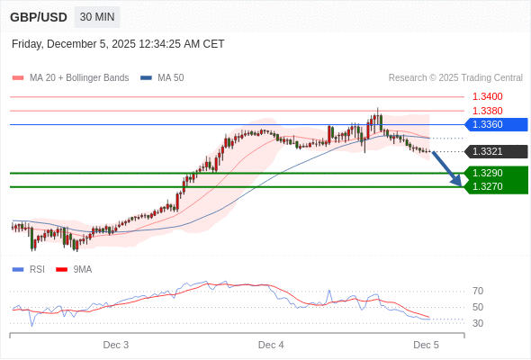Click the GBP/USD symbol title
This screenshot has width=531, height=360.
(38, 17)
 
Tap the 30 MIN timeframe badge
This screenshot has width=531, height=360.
(97, 17)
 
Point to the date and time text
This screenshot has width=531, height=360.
(118, 44)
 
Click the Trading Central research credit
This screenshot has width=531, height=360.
(455, 78)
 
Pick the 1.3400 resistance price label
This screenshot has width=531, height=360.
(487, 96)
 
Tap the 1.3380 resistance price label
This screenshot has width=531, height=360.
(487, 111)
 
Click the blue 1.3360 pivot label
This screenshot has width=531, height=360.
(495, 124)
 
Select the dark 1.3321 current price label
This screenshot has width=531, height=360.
(495, 151)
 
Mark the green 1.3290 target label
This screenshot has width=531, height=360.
(495, 173)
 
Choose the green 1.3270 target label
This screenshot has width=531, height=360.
(495, 186)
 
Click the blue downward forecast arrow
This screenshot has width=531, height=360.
(447, 168)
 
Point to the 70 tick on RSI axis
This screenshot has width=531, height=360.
(478, 291)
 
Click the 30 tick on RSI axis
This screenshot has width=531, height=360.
(478, 323)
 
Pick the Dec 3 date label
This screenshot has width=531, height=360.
(116, 345)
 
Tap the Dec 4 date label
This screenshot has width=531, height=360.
(271, 345)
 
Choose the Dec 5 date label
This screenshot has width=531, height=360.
(426, 345)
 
